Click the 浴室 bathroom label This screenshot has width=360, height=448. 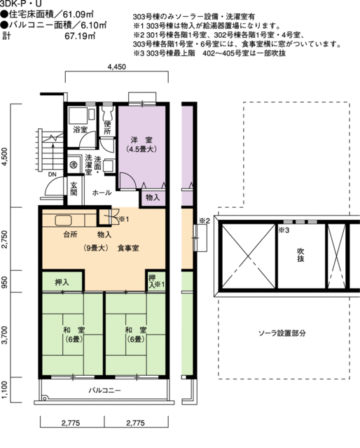(x=80, y=130)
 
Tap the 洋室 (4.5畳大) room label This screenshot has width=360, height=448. (x=141, y=143)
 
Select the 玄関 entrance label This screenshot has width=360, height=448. (x=74, y=190)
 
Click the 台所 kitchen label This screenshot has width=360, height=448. (x=70, y=234)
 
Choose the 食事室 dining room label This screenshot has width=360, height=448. (x=128, y=248)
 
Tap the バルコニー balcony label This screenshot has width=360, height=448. (x=105, y=390)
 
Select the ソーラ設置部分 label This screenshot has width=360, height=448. (x=282, y=333)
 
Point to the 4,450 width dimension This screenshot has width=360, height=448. (x=117, y=67)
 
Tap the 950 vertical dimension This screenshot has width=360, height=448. (x=6, y=282)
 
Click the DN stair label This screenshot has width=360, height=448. (x=52, y=175)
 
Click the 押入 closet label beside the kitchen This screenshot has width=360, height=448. (x=62, y=283)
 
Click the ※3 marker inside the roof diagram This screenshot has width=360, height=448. (x=284, y=230)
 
